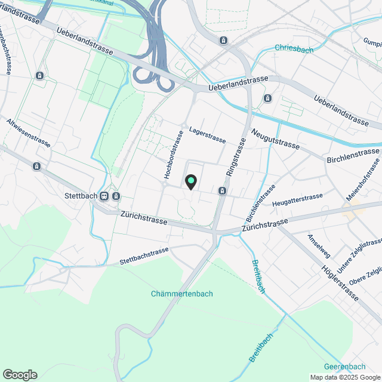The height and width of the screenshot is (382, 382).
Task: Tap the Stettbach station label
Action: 80,195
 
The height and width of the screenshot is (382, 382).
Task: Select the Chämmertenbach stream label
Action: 182,294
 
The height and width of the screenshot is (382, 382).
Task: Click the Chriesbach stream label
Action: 294,50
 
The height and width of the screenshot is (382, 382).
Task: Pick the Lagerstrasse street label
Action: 207,135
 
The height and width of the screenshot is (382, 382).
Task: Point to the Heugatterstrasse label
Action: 297,200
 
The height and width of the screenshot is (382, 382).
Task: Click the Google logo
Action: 20,375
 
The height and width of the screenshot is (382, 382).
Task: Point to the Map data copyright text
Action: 344,377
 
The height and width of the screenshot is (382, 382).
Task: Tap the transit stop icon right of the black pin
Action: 222,191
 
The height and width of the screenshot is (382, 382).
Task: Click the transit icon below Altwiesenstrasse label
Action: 37,166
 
